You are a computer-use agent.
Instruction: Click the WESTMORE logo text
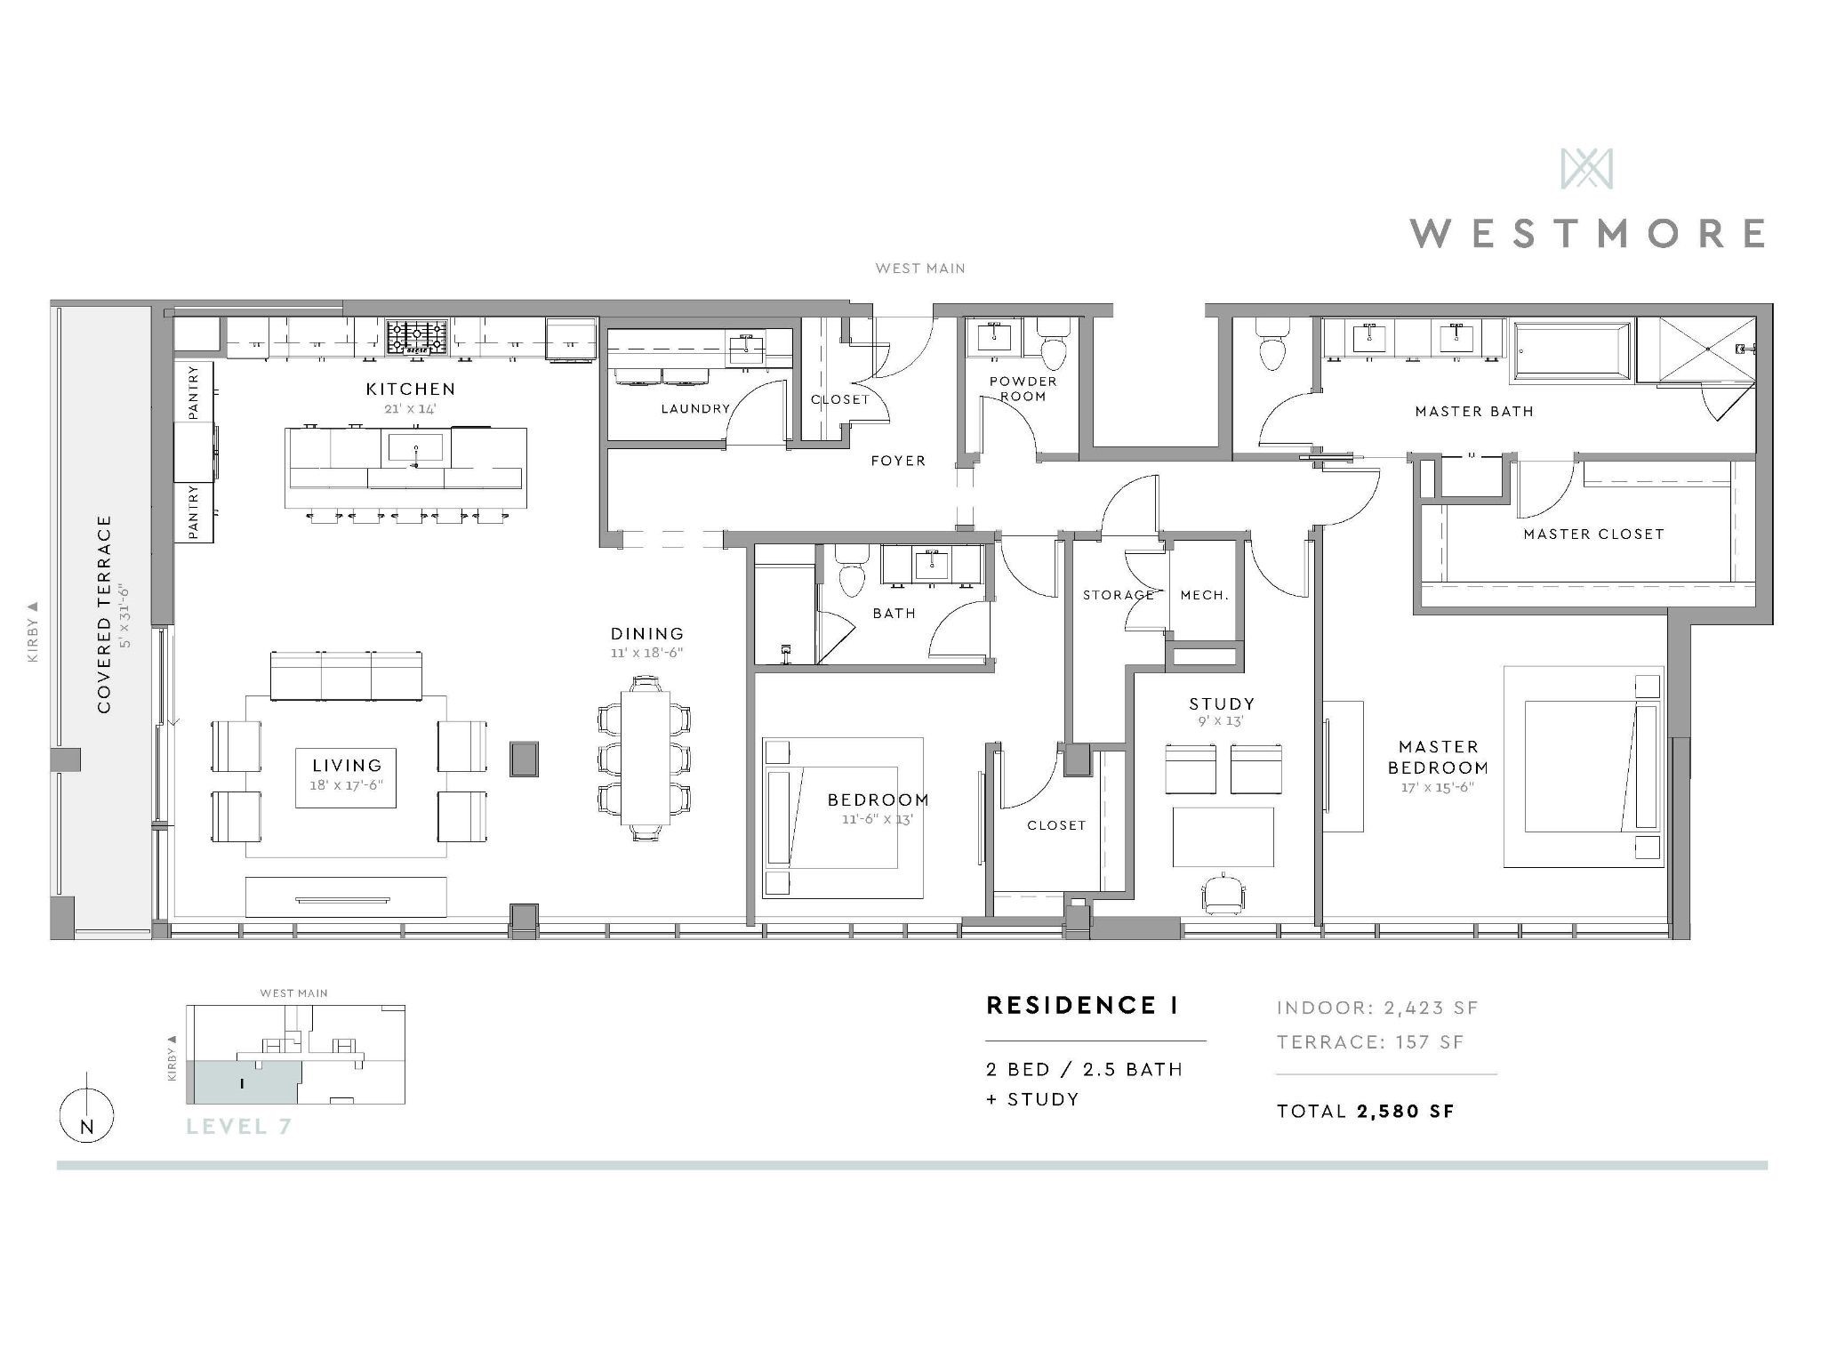click(x=1587, y=233)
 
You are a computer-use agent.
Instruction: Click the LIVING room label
click(x=347, y=766)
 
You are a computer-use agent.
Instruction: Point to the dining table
click(x=645, y=758)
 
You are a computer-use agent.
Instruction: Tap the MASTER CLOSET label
click(x=1593, y=534)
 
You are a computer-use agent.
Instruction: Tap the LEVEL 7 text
click(x=238, y=1127)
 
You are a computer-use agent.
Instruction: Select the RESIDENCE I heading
click(x=1082, y=1006)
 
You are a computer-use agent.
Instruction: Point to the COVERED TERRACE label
click(x=105, y=614)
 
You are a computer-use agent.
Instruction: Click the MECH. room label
click(x=1204, y=595)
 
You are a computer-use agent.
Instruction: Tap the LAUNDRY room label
click(x=695, y=409)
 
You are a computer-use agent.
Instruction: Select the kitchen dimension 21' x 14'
click(x=410, y=409)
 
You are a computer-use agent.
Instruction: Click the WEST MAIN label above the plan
click(x=919, y=268)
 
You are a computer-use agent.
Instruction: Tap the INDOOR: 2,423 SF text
click(x=1377, y=1008)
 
